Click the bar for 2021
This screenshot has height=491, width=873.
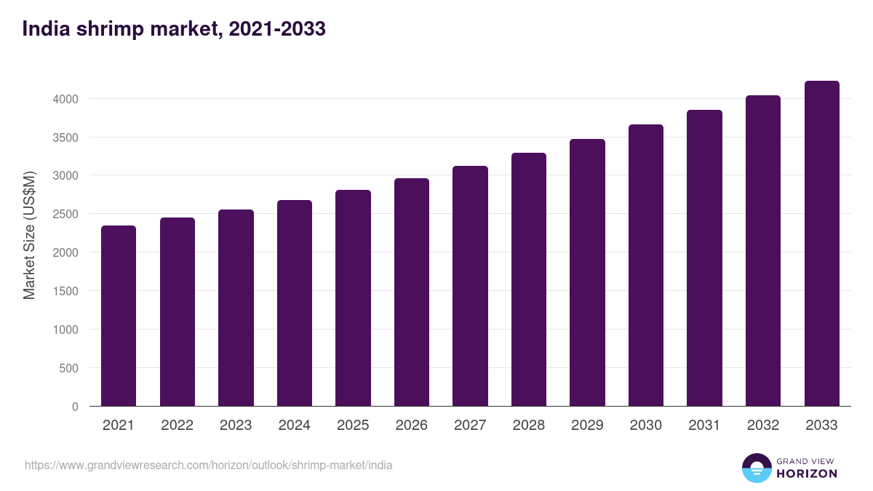coord(119,316)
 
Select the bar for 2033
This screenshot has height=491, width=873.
coord(821,244)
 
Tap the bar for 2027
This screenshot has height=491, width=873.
coord(470,286)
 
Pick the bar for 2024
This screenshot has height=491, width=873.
coord(295,303)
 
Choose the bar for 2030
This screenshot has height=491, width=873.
coord(646,266)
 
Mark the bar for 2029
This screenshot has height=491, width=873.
coord(587,273)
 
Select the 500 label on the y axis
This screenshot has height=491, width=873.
coord(69,368)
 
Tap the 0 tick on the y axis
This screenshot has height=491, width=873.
coord(75,407)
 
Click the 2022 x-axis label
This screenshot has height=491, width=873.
coord(177,426)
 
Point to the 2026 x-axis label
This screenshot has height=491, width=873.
coord(412,426)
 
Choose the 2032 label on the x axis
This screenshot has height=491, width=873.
coord(763,426)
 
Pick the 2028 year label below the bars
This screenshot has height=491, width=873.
coord(529,426)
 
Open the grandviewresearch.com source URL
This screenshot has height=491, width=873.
coord(208,465)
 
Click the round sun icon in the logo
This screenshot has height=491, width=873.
coord(757,468)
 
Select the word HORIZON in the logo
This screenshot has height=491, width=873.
coord(807,474)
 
